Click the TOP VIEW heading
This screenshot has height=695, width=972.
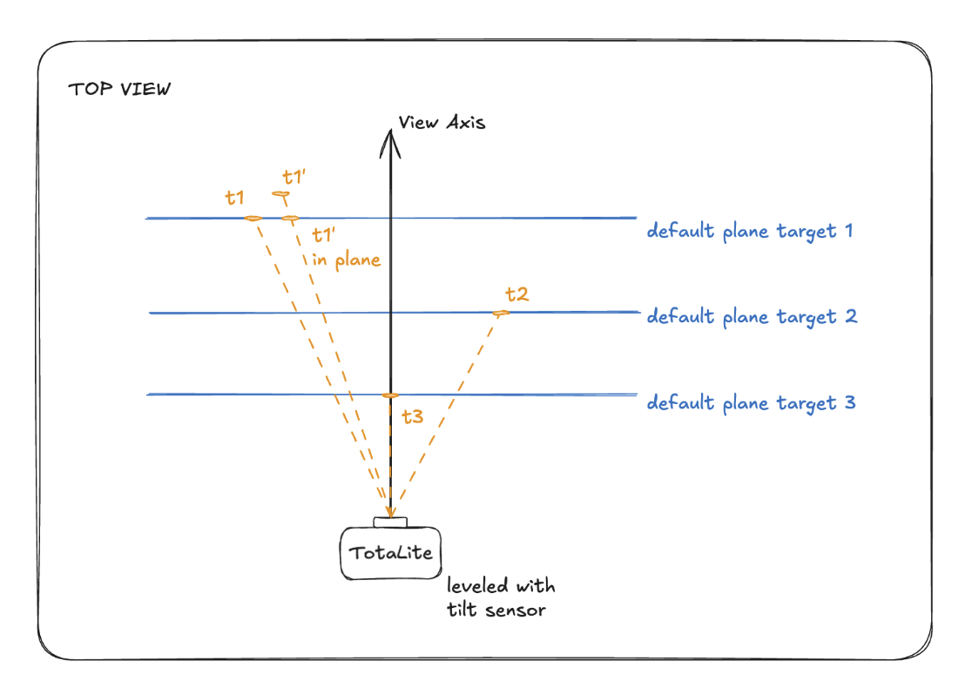pos(119,90)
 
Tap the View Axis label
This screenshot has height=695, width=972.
pos(442,122)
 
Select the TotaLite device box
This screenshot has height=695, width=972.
pos(390,553)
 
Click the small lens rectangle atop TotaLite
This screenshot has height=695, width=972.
pos(390,522)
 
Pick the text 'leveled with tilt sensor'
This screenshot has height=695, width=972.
pos(501,597)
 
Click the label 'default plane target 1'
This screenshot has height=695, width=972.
pos(750,232)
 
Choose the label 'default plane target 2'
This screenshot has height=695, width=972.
pos(752,317)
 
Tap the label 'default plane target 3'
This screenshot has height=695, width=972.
pos(752,403)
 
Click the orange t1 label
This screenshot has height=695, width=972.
pos(234,198)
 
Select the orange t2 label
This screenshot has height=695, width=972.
pos(517,294)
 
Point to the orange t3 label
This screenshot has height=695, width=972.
pos(413,416)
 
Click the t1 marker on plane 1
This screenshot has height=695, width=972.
pos(253,219)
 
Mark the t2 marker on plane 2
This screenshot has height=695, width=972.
pos(501,313)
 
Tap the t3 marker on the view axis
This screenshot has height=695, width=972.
pos(390,395)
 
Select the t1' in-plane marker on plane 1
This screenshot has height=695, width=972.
pos(290,219)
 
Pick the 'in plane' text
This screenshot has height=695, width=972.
pos(346,260)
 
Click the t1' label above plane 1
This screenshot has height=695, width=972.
pos(294,178)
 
